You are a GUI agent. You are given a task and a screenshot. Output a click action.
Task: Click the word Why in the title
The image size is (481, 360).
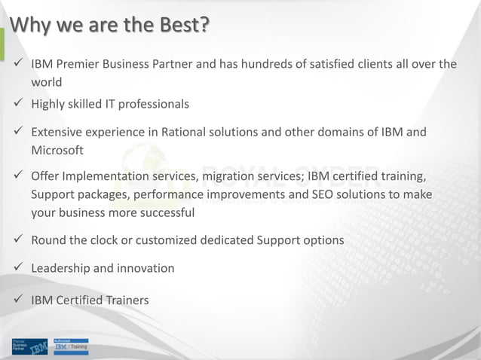pos(29,24)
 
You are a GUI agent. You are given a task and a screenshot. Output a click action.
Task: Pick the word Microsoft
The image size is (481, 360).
pos(57,150)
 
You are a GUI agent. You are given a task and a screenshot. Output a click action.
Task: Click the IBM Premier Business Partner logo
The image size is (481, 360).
pos(30,346)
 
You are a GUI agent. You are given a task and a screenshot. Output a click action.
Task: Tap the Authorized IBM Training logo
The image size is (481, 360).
pos(70,346)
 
